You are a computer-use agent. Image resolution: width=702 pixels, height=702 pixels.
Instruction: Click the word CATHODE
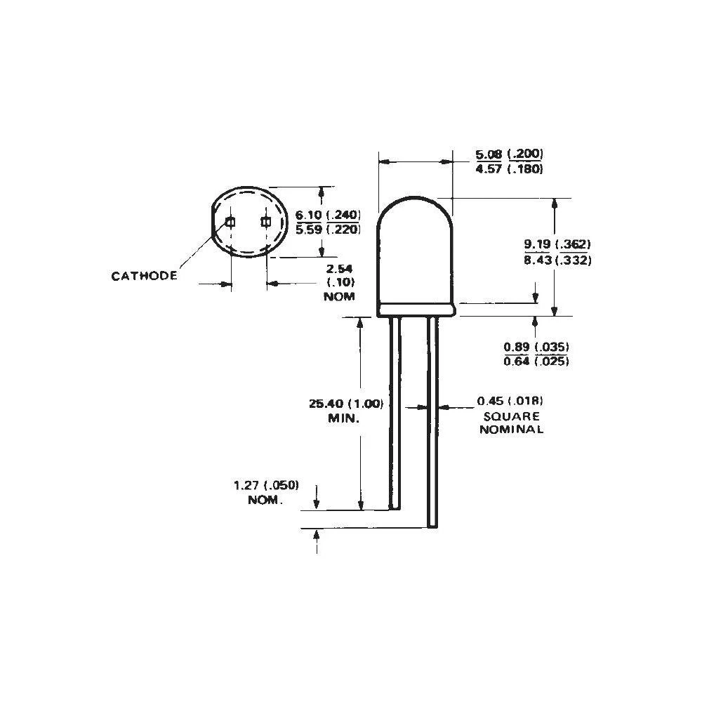click(144, 276)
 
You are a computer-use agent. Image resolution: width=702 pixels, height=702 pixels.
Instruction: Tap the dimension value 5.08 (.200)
click(510, 154)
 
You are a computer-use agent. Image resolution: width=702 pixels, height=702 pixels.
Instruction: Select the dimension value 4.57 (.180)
click(510, 169)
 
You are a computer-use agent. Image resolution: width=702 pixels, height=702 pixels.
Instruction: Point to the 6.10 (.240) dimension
click(328, 215)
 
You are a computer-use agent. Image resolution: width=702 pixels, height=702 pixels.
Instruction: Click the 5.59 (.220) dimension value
click(328, 229)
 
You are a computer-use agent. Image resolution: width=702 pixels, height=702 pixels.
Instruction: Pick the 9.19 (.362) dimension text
click(557, 245)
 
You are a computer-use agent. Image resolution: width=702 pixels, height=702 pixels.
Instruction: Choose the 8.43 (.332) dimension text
click(557, 260)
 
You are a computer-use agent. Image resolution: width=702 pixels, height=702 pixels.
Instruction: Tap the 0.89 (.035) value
click(536, 347)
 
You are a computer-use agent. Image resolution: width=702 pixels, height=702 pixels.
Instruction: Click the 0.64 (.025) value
click(536, 362)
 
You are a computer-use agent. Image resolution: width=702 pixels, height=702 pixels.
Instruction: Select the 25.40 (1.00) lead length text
click(346, 404)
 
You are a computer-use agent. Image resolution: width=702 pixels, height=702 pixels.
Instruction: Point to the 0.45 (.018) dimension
click(510, 401)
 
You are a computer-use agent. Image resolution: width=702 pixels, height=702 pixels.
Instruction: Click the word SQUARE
click(511, 416)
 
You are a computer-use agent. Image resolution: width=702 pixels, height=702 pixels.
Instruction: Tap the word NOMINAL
click(511, 430)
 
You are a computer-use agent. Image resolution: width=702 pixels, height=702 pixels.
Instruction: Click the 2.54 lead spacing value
click(340, 268)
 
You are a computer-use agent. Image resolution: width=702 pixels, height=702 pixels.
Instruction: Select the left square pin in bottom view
click(230, 223)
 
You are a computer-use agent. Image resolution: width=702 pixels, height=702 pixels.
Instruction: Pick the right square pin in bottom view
click(265, 223)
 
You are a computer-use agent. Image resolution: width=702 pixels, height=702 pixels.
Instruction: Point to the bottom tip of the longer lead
click(432, 524)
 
